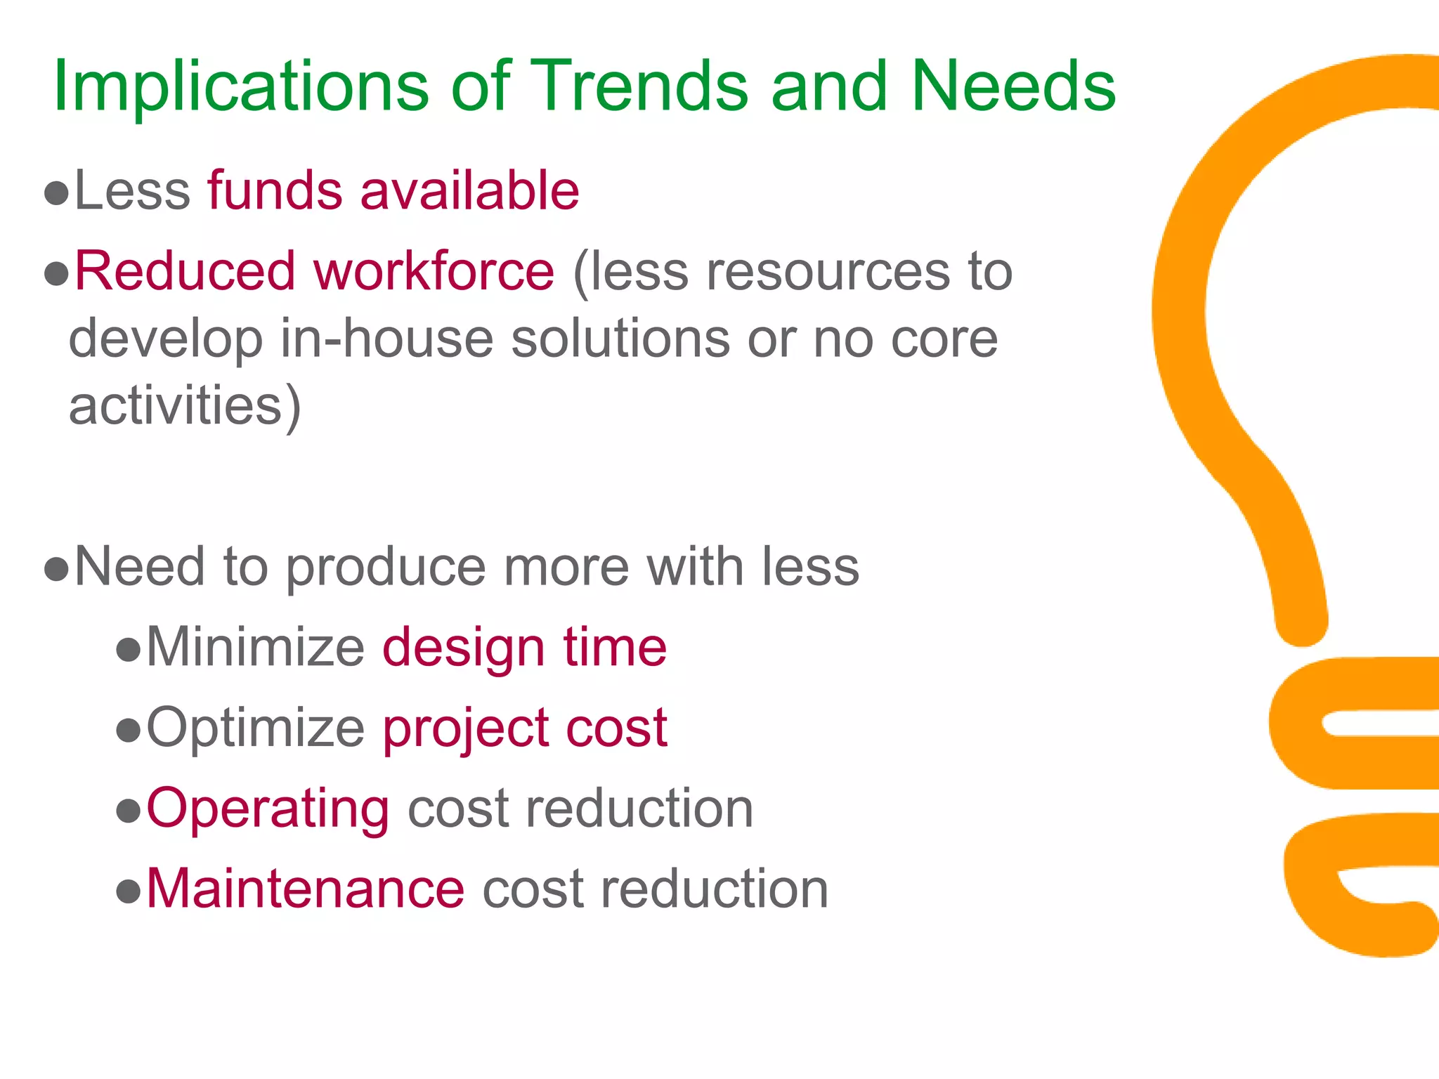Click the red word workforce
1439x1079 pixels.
[434, 272]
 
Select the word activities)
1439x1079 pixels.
[185, 406]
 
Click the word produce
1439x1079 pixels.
[386, 568]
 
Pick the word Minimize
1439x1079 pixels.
[255, 648]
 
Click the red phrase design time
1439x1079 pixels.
[524, 648]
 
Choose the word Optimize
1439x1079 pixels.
[255, 728]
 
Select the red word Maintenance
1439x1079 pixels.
[305, 889]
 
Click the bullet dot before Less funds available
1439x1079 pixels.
[56, 193]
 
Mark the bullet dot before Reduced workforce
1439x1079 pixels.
[56, 274]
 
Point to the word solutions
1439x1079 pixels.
[620, 339]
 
